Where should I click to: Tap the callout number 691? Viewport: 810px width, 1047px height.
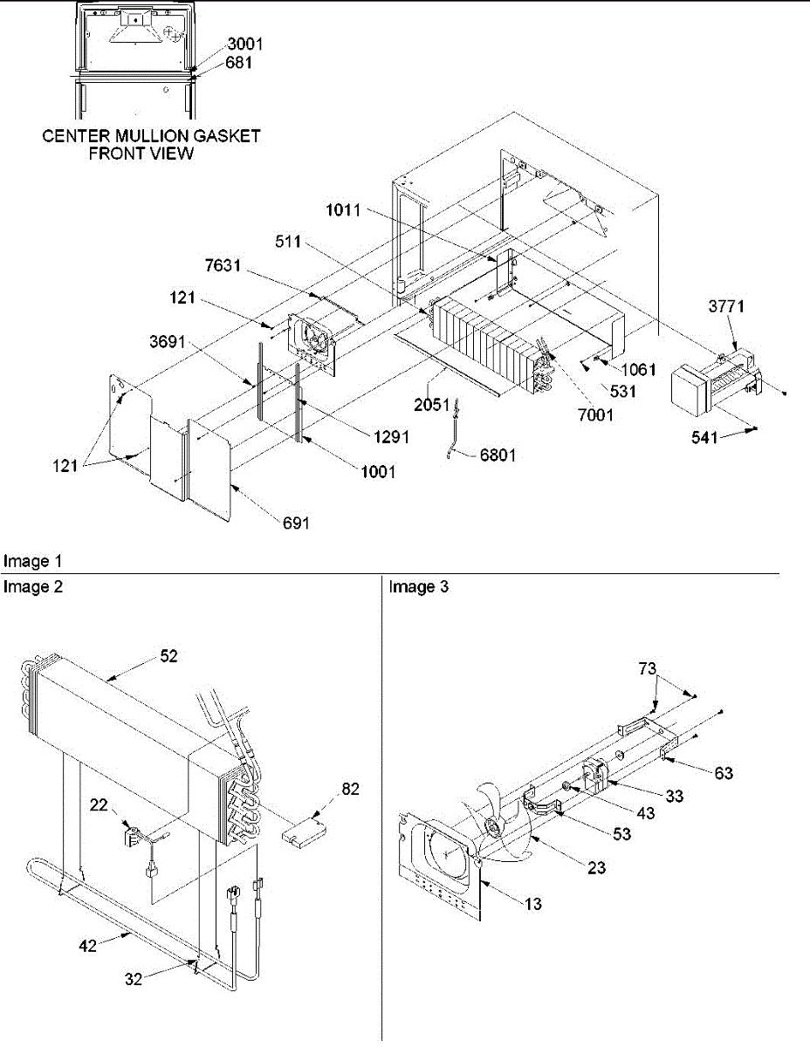click(x=295, y=523)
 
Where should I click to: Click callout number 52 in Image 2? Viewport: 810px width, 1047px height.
click(x=168, y=656)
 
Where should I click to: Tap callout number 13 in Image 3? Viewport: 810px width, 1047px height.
click(x=533, y=904)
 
